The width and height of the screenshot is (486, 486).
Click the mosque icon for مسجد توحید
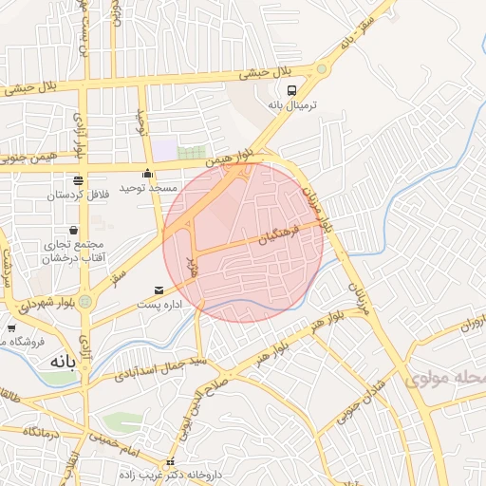147,174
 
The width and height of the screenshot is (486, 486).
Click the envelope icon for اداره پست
158,290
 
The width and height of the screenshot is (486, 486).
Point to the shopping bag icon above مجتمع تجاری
74,231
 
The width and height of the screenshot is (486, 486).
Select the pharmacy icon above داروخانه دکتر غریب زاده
171,462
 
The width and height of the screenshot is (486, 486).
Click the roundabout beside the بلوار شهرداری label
86,302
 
